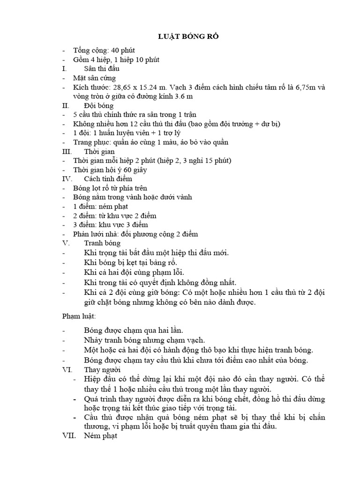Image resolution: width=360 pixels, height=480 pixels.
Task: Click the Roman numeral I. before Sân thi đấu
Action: pyautogui.click(x=65, y=68)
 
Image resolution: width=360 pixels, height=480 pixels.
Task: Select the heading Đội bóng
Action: pyautogui.click(x=97, y=106)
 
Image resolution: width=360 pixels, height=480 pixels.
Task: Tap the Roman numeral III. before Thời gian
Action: pyautogui.click(x=67, y=151)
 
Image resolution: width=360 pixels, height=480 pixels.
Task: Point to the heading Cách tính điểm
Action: pyautogui.click(x=108, y=179)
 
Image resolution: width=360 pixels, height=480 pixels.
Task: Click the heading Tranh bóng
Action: pyautogui.click(x=102, y=243)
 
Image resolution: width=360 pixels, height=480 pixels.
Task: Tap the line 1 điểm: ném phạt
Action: pyautogui.click(x=101, y=206)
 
